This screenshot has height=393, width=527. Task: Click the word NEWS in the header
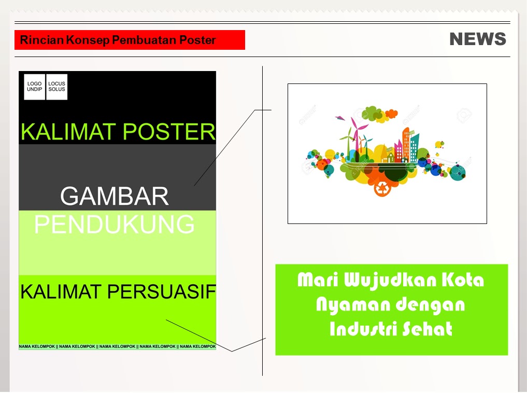pos(478,39)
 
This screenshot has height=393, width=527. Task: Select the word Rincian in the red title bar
pos(41,40)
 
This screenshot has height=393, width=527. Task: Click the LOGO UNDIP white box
pos(35,87)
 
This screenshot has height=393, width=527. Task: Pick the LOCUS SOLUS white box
pos(57,87)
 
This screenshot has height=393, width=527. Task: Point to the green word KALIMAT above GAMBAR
pos(68,132)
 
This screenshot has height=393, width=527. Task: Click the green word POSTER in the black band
pos(169,132)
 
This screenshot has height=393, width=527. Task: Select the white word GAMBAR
pos(115,197)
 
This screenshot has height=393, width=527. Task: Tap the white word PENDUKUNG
pos(115,224)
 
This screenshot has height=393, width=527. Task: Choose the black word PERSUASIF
pos(162,291)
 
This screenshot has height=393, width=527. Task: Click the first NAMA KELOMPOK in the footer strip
pos(37,346)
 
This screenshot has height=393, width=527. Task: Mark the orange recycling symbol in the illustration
pos(382,188)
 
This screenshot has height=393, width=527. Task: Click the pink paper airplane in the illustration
pos(340,118)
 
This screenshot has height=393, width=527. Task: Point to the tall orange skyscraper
pos(406,144)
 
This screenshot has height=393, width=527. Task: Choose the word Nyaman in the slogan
pos(353,305)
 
